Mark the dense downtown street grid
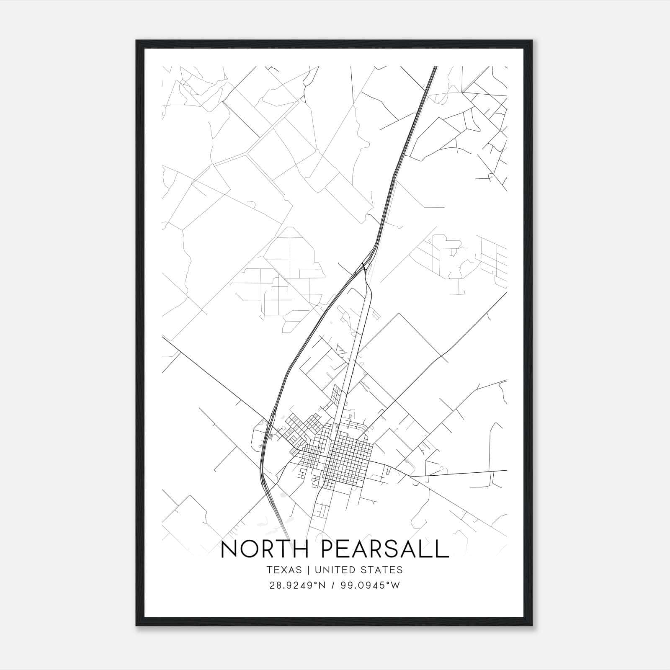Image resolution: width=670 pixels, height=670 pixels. point(350,459)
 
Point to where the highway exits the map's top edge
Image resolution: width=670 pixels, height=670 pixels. point(435,67)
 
